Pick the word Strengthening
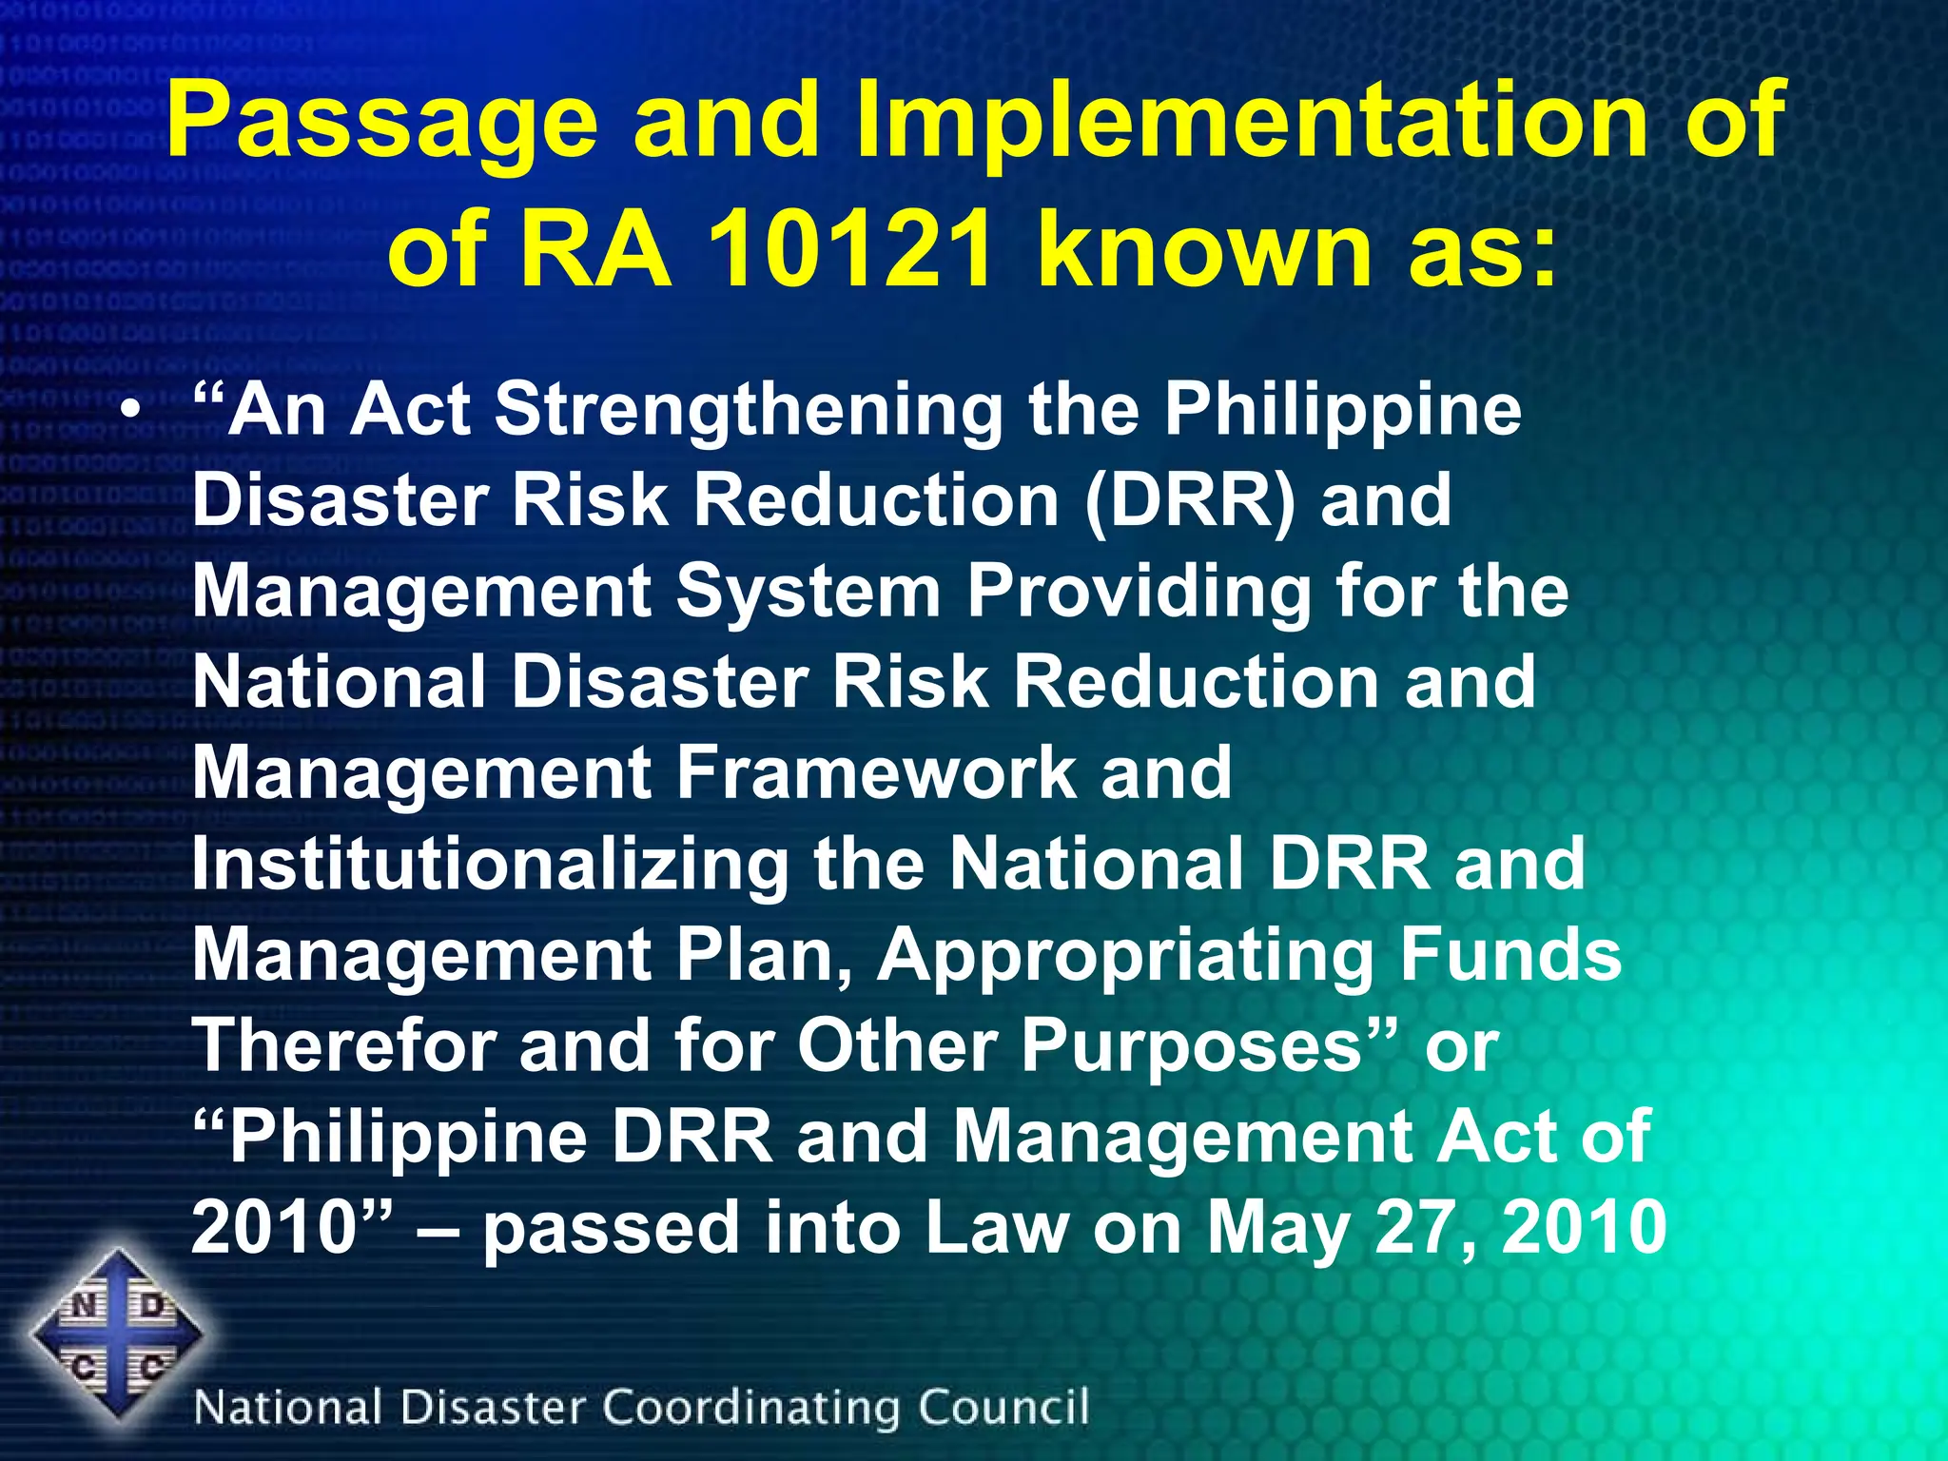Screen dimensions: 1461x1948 749,412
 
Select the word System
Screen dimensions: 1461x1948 808,592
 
